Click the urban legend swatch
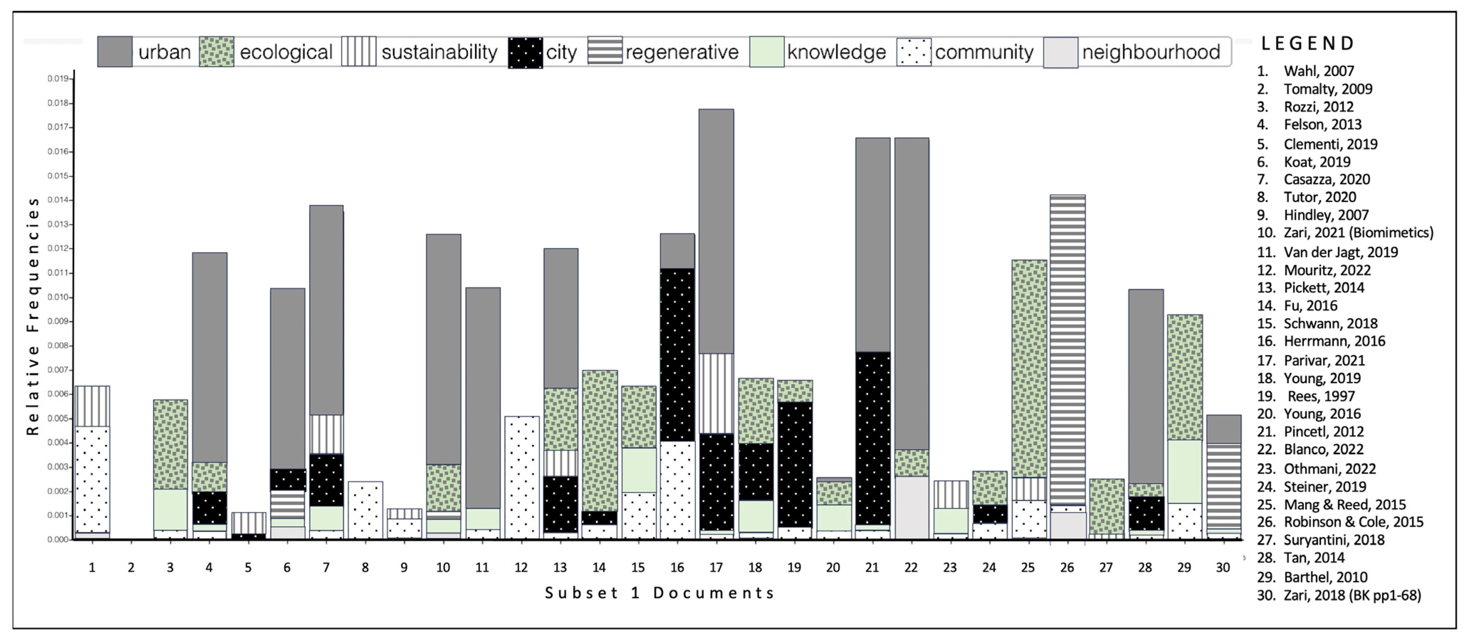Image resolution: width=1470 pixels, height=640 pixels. (x=115, y=52)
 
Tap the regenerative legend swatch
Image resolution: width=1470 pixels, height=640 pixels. (x=605, y=52)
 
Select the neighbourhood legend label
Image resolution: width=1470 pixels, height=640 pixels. (x=1151, y=52)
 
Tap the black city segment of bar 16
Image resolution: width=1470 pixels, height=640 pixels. (x=677, y=354)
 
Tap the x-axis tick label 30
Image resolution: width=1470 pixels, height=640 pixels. (x=1223, y=567)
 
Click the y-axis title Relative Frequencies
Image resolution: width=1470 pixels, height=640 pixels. (x=33, y=316)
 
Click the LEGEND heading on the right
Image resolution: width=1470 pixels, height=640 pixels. (x=1307, y=43)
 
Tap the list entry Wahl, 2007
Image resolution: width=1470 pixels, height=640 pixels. (x=1318, y=71)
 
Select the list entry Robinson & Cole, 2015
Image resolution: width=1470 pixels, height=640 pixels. (x=1353, y=522)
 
